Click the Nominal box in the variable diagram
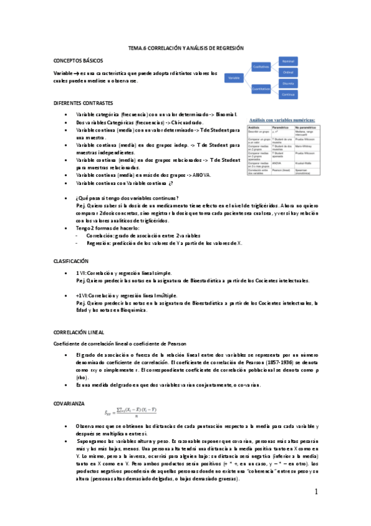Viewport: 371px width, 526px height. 289,61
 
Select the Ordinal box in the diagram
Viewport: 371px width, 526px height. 289,72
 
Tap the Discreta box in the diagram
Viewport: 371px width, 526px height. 289,83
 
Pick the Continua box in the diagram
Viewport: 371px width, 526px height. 289,94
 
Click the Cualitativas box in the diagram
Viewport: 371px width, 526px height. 262,66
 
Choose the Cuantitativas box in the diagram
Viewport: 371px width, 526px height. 262,89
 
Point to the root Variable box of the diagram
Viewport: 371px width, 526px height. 234,78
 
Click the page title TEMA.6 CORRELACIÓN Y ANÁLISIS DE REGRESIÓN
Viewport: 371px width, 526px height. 186,48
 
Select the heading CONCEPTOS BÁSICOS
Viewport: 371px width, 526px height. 77,61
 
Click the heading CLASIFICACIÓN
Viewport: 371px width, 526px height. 71,262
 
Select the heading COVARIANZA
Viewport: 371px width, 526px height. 69,404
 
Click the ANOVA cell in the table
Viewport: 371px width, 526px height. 277,164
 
